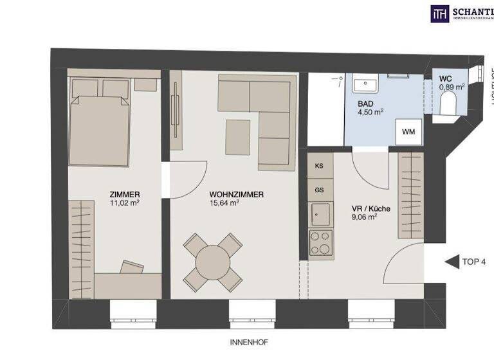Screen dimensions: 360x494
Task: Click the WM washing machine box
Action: [x=408, y=132]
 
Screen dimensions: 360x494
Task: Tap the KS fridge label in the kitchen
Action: [x=319, y=166]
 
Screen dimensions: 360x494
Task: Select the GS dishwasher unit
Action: [x=319, y=190]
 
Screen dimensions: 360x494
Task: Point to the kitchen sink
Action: [x=320, y=213]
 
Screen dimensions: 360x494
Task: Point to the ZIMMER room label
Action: [x=125, y=194]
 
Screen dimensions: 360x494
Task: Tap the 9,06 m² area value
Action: [x=364, y=217]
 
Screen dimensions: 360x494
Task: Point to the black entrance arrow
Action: [x=450, y=262]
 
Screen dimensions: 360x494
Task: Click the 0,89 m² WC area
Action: [x=452, y=86]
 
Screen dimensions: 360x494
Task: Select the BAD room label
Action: [x=365, y=102]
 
